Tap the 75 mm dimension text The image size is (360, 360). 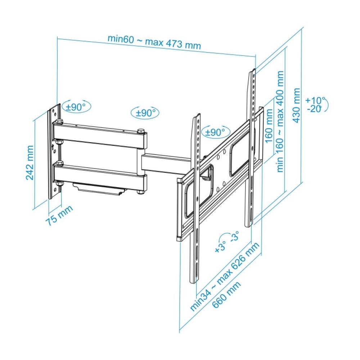coord(59,215)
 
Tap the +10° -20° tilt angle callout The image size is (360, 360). coord(316,104)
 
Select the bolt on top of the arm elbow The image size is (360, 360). coord(141,131)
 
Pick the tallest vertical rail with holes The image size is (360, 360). coord(251,148)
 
